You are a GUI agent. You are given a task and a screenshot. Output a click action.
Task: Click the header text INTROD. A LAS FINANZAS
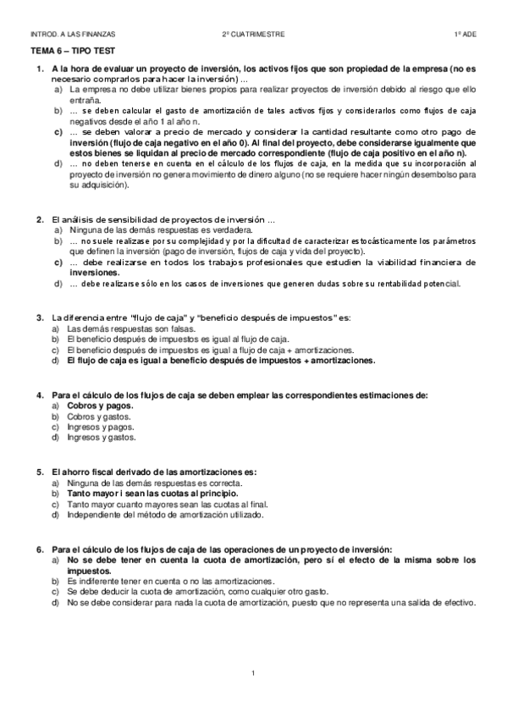72,35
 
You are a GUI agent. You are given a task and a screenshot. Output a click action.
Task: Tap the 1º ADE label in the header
466,35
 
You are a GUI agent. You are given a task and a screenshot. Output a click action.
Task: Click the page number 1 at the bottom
253,673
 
